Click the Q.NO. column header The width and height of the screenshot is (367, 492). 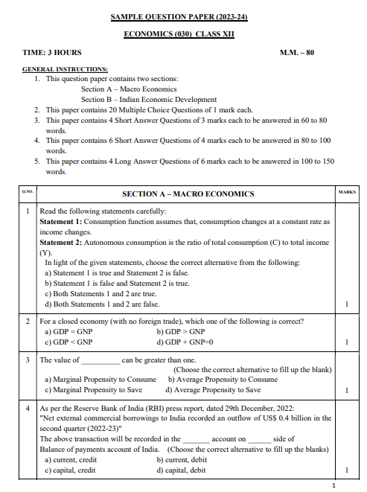tap(28, 193)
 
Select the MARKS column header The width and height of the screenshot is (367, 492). tap(347, 193)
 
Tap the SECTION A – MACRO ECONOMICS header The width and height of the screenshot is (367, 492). tap(188, 194)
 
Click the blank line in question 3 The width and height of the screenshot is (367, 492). tap(95, 360)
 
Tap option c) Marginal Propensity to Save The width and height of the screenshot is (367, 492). tap(93, 389)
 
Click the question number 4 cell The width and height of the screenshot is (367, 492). tap(28, 409)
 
